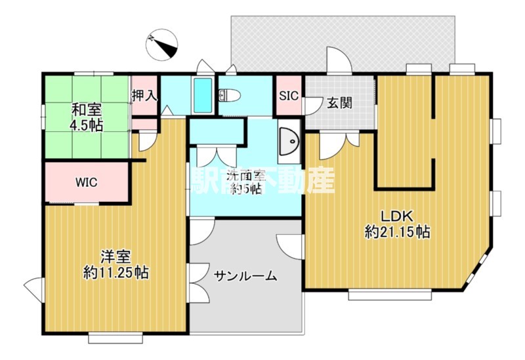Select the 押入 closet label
[x=144, y=95]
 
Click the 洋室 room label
[x=115, y=256]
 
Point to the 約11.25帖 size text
[x=115, y=271]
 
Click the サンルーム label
[x=245, y=276]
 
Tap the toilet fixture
[x=228, y=96]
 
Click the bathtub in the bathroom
[x=202, y=96]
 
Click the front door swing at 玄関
[x=339, y=62]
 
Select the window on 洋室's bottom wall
[x=115, y=338]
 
